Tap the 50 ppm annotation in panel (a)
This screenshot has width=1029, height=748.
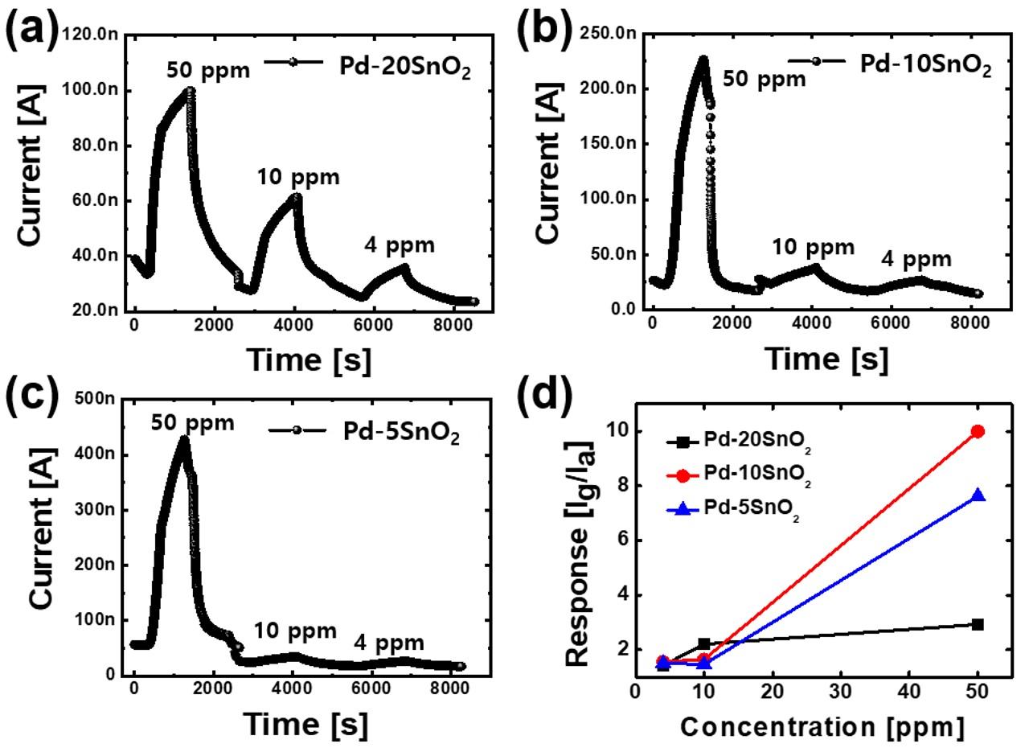(x=208, y=70)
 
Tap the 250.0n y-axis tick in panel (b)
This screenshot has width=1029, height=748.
(x=609, y=35)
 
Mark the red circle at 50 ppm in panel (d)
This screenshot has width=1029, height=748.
(x=978, y=431)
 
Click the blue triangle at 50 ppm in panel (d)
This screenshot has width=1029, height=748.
(x=978, y=495)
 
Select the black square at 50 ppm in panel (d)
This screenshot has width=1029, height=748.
(x=978, y=624)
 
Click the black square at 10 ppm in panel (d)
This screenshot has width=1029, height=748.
(x=704, y=643)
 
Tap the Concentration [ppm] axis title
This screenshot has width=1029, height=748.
(x=821, y=726)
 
